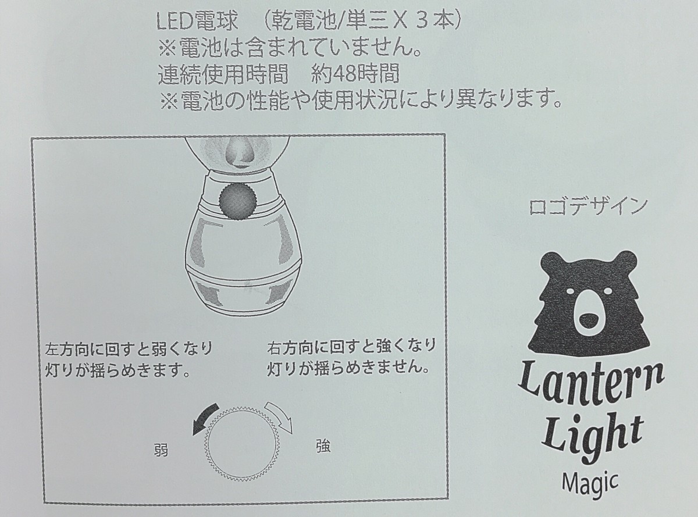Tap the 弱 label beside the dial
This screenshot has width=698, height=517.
point(162,451)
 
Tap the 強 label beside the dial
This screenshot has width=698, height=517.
point(322,446)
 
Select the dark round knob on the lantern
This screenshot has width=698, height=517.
point(238,201)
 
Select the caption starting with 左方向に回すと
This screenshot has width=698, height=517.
point(129,361)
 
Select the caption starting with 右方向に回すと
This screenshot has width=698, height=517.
point(350,358)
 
